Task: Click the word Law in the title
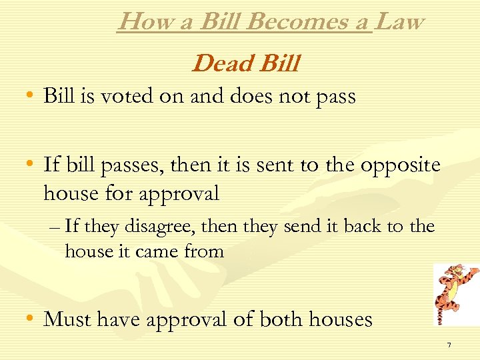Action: pos(399,21)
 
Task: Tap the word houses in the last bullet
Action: pos(342,319)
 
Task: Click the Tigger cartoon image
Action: pos(456,294)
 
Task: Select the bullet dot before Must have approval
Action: pos(30,319)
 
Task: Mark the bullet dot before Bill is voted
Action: pos(30,96)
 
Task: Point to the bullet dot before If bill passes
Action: pos(30,165)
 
